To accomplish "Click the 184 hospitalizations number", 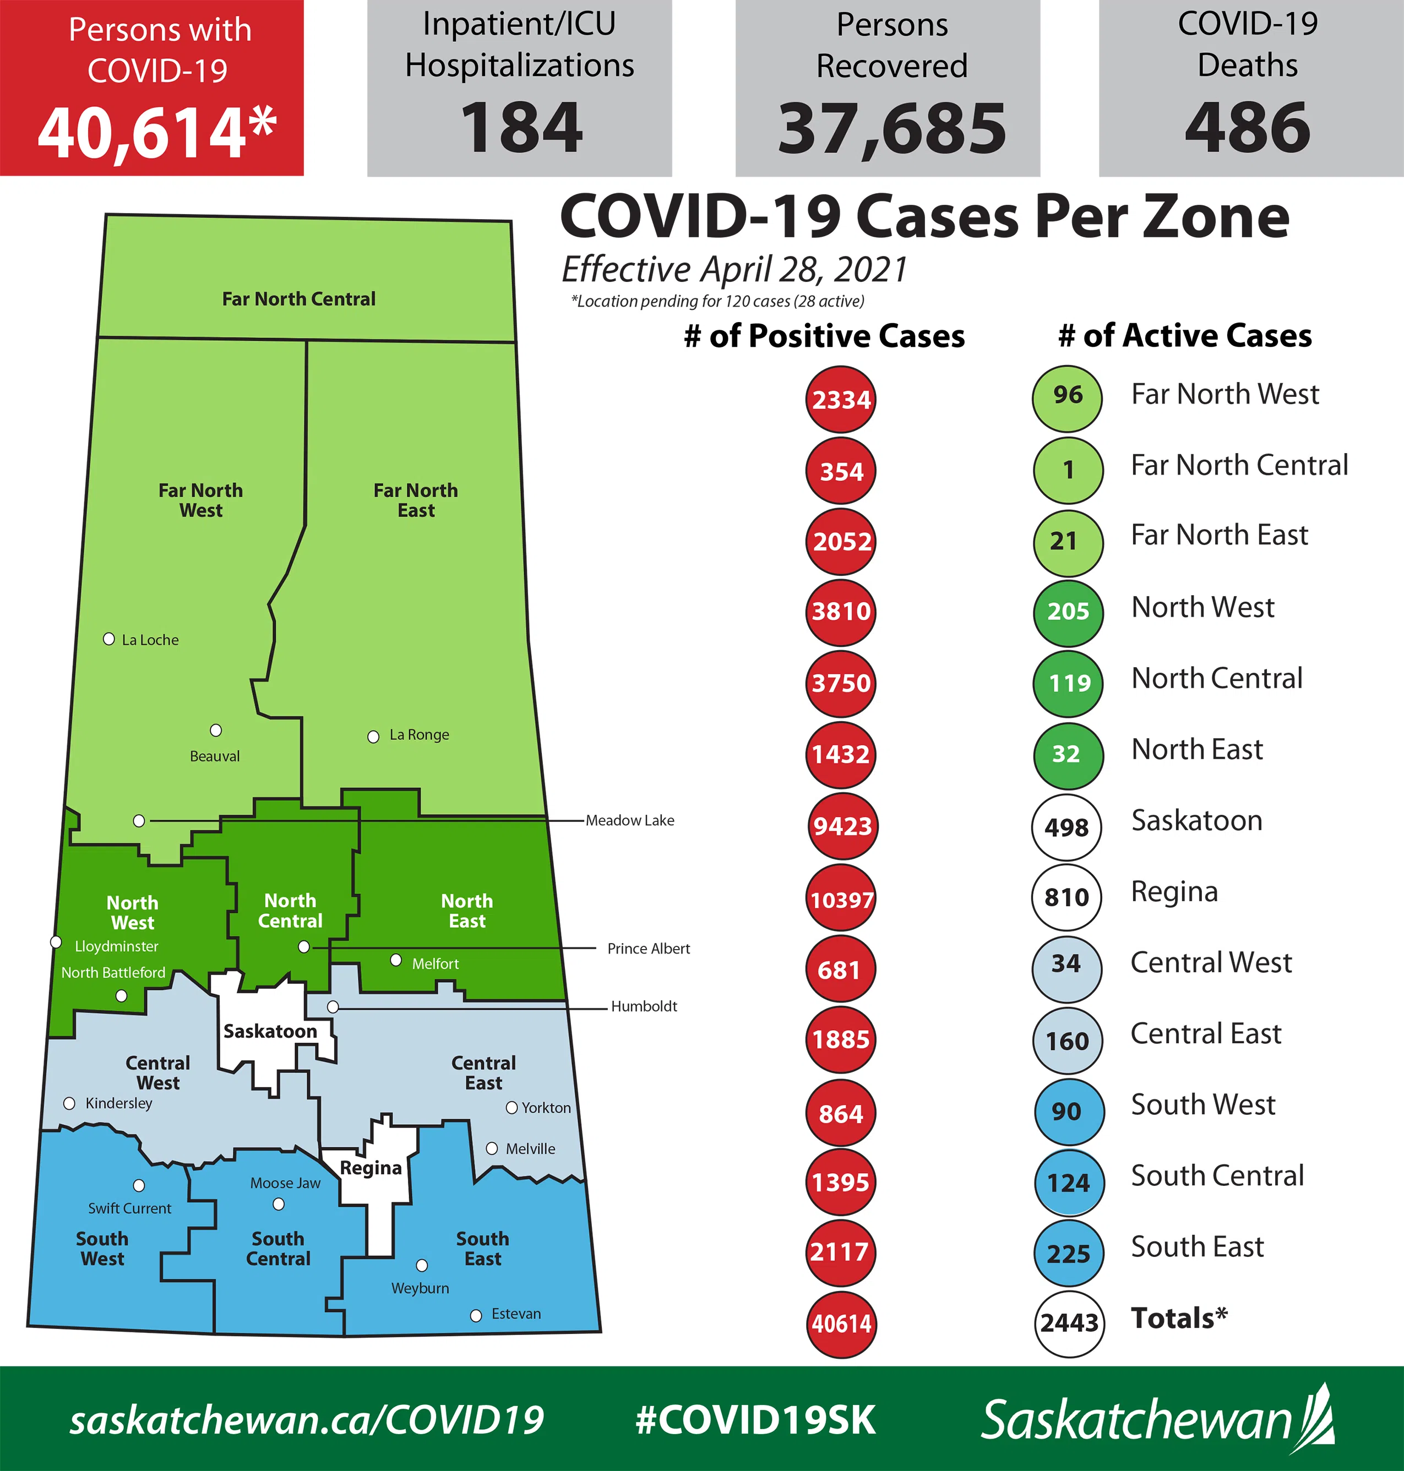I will tap(521, 129).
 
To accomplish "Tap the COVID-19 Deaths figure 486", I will tap(1248, 129).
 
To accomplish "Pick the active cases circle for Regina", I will tap(1066, 897).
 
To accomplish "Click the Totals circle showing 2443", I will tap(1069, 1323).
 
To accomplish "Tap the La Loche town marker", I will tap(108, 639).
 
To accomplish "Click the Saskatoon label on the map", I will tap(270, 1031).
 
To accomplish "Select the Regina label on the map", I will tap(371, 1168).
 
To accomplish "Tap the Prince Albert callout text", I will tap(648, 949).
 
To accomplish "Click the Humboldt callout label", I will tap(644, 1006).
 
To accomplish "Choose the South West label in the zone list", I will tap(1202, 1104).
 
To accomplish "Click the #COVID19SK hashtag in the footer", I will tap(755, 1419).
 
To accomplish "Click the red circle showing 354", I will tap(841, 471).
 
